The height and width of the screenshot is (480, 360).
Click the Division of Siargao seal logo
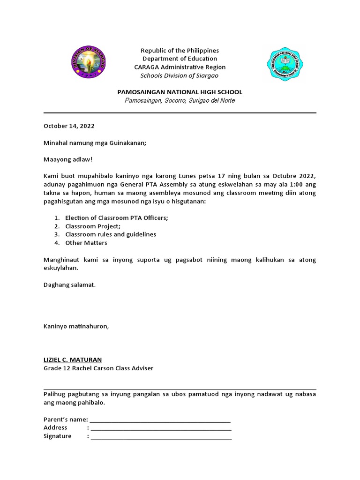[x=84, y=63]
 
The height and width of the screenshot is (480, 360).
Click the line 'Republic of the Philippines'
[x=180, y=50]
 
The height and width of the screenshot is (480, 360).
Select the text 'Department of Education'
[x=180, y=59]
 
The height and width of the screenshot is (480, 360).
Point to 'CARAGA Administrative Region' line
[x=180, y=67]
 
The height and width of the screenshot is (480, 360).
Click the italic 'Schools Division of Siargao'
[x=180, y=75]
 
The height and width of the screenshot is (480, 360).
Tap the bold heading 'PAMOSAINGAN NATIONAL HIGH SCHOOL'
[x=180, y=92]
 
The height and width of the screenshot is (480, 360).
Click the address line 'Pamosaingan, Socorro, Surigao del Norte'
[x=180, y=100]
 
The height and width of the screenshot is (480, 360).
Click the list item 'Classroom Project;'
[x=93, y=226]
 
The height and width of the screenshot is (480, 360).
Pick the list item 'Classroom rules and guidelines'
[x=111, y=234]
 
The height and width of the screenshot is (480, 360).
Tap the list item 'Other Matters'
[x=86, y=243]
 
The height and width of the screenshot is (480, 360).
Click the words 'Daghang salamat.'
[x=69, y=285]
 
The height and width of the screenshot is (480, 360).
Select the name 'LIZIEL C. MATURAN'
[x=73, y=360]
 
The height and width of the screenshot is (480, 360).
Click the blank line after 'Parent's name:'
[x=160, y=420]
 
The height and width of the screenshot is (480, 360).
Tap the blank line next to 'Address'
[x=161, y=428]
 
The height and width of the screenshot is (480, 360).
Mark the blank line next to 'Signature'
[x=161, y=437]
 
